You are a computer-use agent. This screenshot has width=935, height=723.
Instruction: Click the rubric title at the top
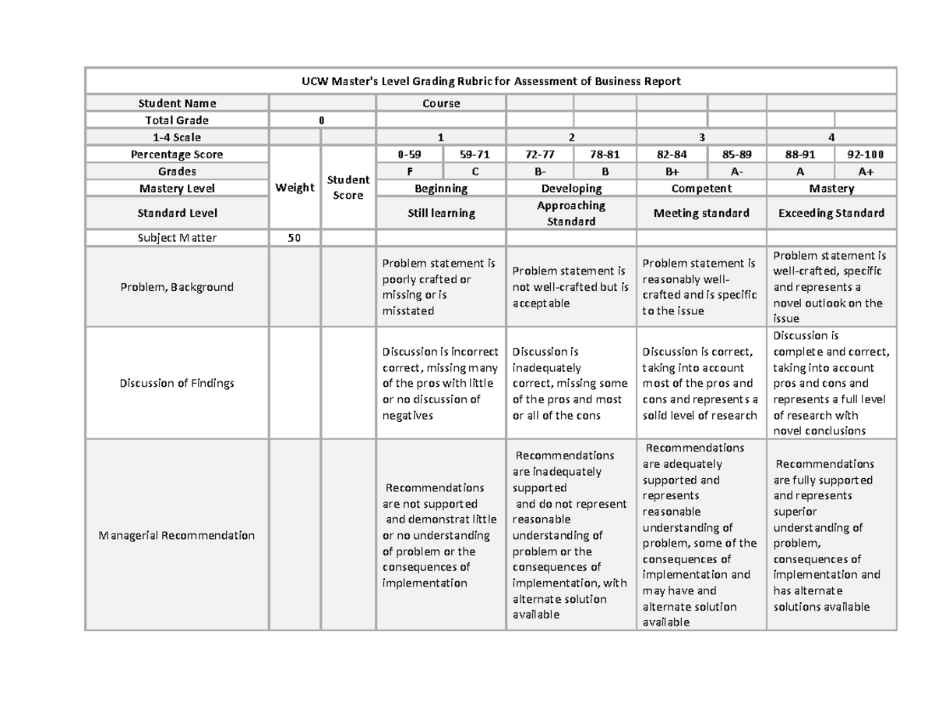click(491, 81)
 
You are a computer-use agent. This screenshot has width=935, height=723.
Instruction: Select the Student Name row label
click(177, 103)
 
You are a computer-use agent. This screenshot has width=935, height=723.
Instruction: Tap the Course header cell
click(441, 103)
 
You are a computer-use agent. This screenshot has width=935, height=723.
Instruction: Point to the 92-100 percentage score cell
click(866, 154)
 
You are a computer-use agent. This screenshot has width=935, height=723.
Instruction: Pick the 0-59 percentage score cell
click(408, 154)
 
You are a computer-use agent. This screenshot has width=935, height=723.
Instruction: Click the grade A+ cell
click(866, 172)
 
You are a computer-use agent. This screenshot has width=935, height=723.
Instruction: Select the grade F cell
click(408, 172)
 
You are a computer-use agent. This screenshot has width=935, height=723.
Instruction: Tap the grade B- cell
click(539, 172)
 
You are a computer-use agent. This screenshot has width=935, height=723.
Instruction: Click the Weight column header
click(295, 187)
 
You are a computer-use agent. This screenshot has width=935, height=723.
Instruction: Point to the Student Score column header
click(348, 187)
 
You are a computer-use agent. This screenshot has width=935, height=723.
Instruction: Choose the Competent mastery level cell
click(701, 189)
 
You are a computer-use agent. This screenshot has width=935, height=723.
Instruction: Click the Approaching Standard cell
click(571, 213)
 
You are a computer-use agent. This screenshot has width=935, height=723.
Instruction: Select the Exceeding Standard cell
click(831, 213)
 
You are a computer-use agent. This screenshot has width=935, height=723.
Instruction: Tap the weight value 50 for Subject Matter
click(295, 238)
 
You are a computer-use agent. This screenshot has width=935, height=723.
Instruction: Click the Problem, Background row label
click(177, 287)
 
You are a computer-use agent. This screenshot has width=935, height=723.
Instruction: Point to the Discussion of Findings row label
click(177, 383)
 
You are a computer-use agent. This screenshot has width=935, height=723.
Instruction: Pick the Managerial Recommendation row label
click(177, 535)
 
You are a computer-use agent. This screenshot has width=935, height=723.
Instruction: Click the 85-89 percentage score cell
click(737, 154)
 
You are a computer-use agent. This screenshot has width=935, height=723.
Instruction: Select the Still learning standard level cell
click(441, 213)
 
